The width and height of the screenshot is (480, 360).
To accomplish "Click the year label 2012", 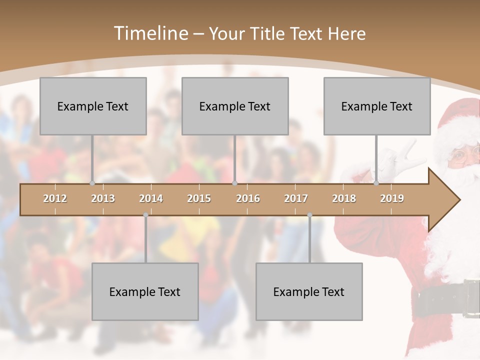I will (55, 198).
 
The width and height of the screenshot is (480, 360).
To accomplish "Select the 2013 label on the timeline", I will (103, 198).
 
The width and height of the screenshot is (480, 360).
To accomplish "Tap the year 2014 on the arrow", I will (151, 198).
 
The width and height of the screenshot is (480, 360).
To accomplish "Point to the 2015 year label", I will (199, 198).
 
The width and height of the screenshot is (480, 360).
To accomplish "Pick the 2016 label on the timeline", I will (248, 198).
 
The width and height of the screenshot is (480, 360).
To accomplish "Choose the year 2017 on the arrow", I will (296, 198).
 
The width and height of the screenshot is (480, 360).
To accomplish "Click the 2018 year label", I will (344, 198).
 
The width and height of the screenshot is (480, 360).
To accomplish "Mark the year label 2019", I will (392, 198).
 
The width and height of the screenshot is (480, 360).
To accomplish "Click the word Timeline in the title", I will (149, 33).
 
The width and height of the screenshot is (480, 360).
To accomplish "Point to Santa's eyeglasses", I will (462, 156).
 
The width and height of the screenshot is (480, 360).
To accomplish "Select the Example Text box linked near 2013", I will (93, 106).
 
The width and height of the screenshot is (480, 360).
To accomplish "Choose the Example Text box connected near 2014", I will (145, 291).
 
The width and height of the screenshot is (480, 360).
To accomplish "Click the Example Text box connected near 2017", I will (309, 291).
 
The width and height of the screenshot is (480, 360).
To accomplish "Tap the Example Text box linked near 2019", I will (377, 106).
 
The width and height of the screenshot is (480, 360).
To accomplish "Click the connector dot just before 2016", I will (235, 183).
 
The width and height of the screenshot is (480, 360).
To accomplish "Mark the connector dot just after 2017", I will (309, 215).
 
